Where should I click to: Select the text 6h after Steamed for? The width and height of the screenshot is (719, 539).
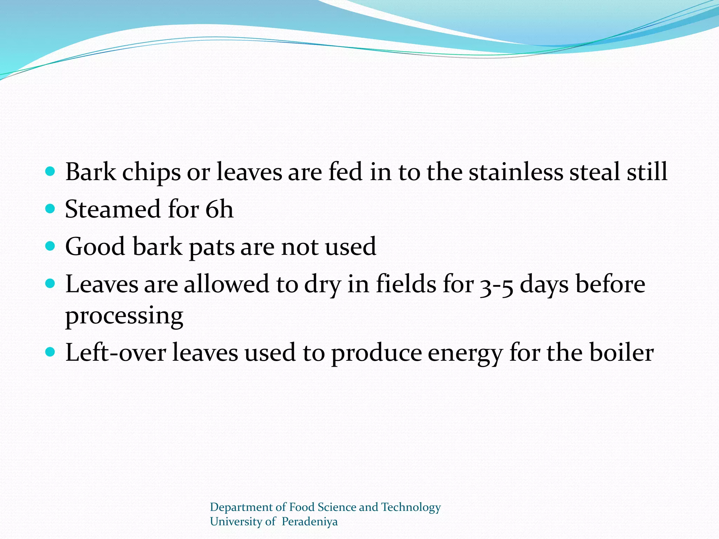(219, 209)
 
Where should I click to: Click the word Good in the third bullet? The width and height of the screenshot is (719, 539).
(95, 247)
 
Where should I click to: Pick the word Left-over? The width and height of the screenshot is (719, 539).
(116, 353)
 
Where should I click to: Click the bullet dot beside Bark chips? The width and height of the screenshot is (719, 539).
(51, 172)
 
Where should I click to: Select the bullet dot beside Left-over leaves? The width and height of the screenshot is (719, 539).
(51, 352)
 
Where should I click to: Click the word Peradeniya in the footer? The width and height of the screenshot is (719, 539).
(309, 522)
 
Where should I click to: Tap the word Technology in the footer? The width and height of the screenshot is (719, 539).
(411, 507)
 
